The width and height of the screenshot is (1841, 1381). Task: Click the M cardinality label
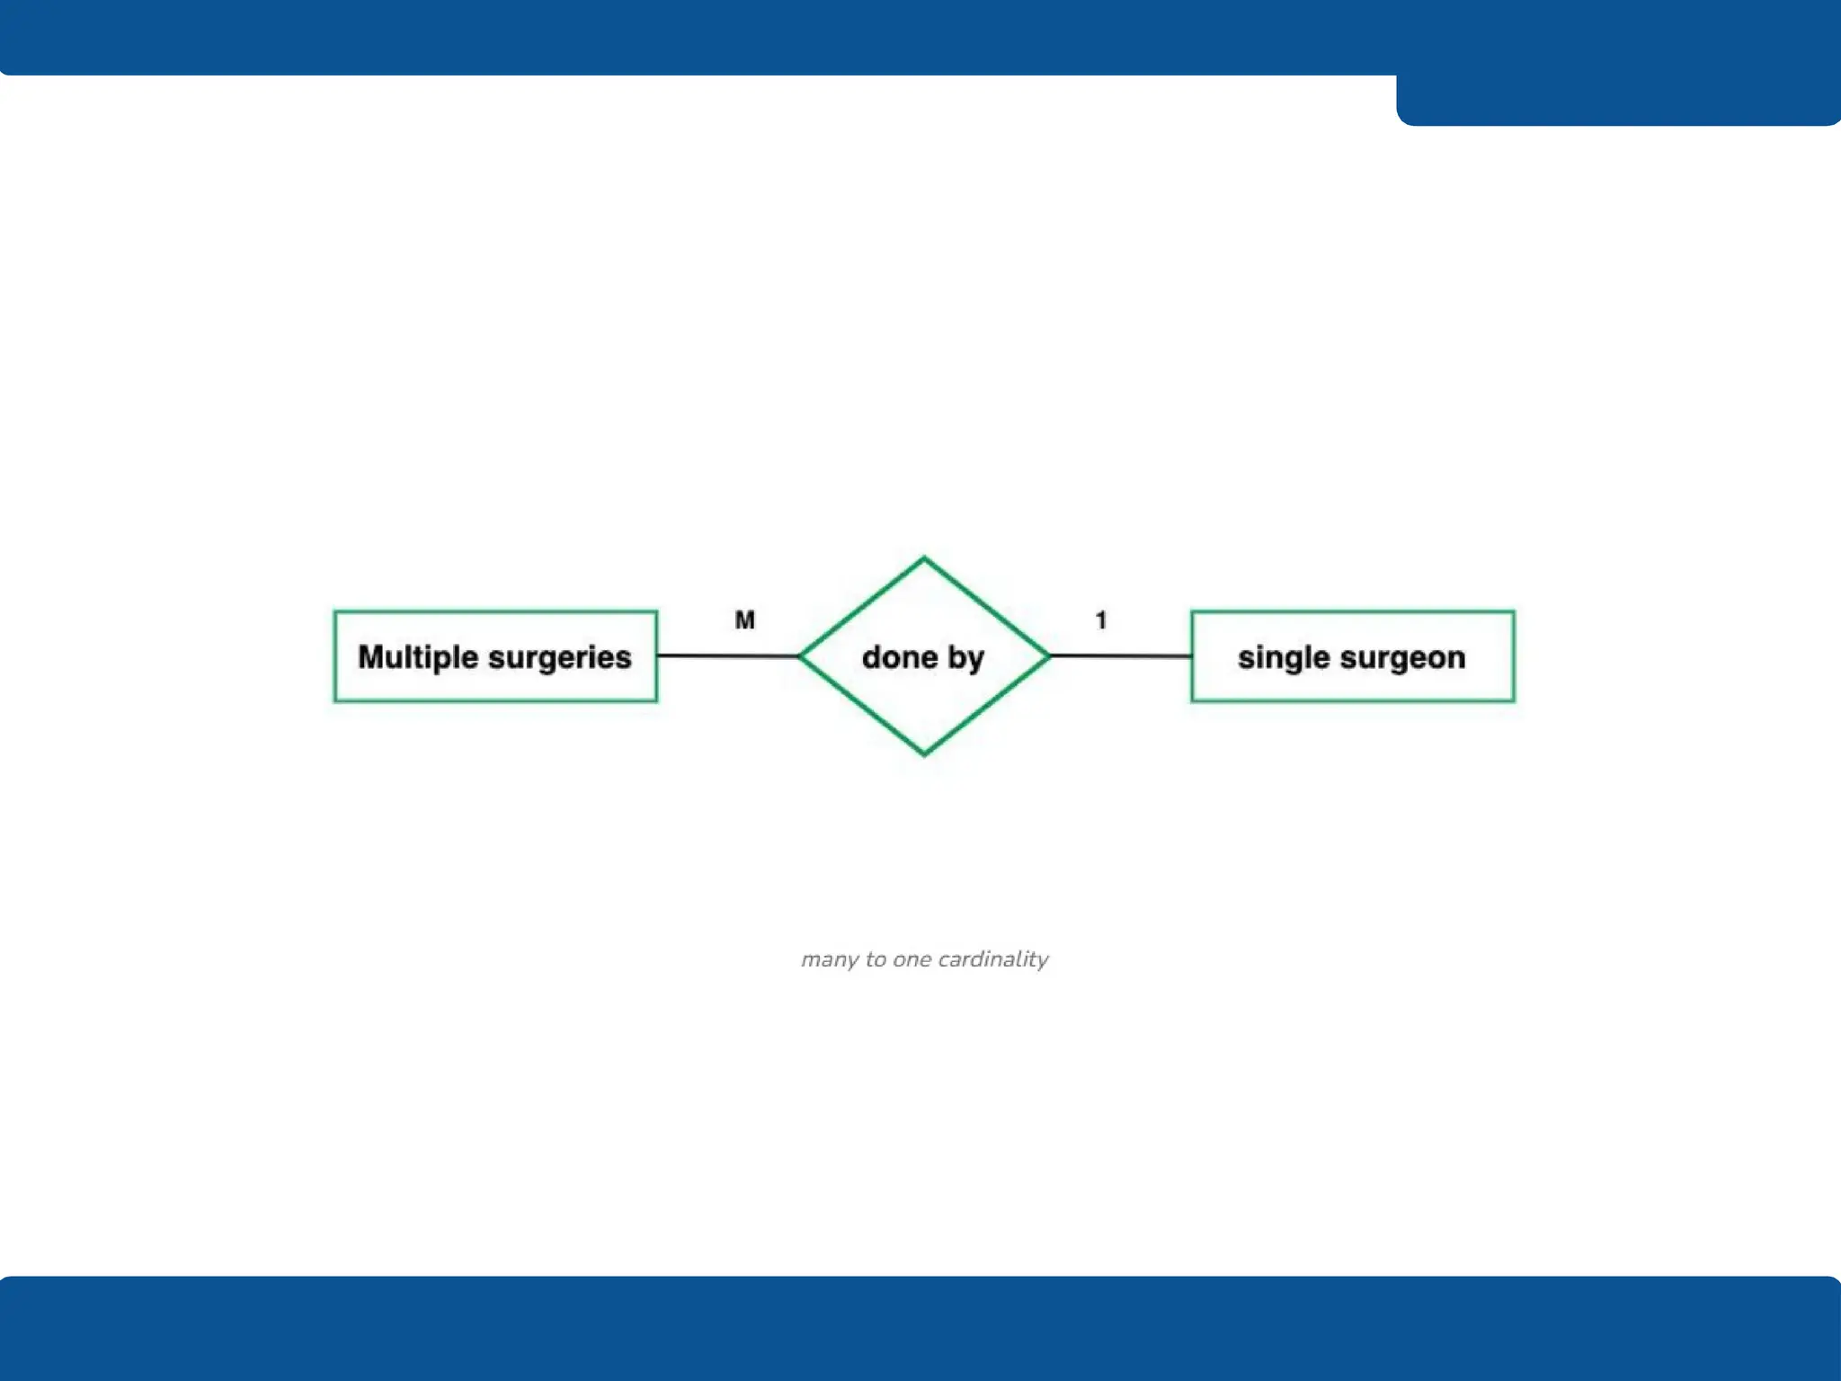coord(745,620)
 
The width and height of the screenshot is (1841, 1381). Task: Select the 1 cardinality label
coord(1101,620)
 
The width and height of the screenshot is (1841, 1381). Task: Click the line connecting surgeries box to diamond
coord(728,655)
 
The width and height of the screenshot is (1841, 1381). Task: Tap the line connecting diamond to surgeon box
coord(1121,655)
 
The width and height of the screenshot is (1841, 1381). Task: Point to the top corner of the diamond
coord(924,559)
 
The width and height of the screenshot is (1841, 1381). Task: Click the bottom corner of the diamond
coord(924,753)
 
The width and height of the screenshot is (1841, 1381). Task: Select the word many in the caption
coord(829,960)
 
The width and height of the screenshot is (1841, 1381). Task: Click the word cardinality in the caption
coord(992,959)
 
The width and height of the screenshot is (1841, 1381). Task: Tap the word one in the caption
coord(912,960)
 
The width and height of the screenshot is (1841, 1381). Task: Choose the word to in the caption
coord(876,959)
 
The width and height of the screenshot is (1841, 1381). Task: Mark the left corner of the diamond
coord(801,656)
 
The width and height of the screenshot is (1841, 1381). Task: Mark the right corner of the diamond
coord(1048,656)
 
